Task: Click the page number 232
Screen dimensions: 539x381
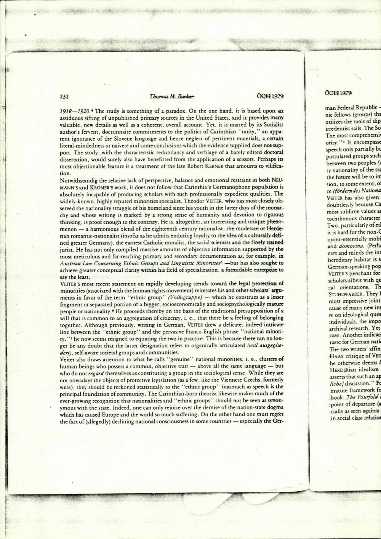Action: (x=64, y=96)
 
